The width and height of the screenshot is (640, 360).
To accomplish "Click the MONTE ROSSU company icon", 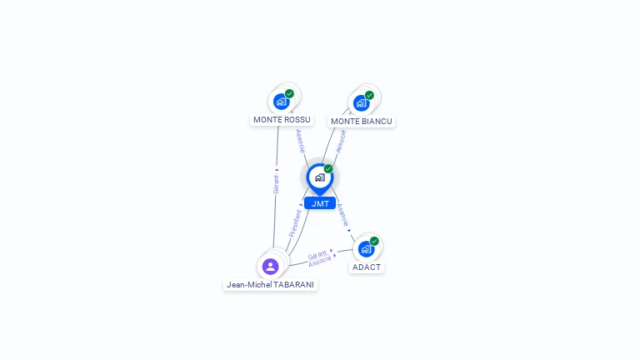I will point(281,102).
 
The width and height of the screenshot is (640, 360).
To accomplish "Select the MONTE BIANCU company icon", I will point(361,103).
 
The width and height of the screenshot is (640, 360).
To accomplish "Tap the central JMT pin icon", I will point(319,177).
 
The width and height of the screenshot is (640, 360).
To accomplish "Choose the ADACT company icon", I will point(366,249).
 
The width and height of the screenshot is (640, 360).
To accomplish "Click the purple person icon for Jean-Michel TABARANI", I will point(270,267).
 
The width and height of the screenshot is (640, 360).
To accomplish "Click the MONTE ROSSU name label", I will point(282,120).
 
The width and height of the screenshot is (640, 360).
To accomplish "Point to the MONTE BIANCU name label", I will point(361,122).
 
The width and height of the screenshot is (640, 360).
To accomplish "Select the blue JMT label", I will point(320,203).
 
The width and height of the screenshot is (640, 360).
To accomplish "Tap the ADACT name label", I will point(367,267).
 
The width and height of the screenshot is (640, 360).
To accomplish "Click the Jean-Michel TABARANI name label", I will point(272,285).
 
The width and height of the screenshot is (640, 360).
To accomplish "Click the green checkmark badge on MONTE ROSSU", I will point(289,93).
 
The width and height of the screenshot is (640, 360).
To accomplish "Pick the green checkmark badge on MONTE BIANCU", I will point(369,95).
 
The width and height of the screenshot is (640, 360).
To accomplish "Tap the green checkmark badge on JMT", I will point(328,169).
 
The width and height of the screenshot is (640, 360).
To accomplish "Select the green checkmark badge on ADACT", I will point(374,241).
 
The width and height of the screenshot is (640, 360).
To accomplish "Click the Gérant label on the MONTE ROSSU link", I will point(276,184).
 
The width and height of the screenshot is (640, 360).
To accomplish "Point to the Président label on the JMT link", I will point(295,222).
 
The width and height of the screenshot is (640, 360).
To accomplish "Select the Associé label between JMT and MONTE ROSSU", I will point(301,141).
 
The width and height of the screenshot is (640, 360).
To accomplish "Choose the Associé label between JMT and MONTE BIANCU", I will point(340,141).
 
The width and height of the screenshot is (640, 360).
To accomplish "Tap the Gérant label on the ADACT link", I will point(317,255).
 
